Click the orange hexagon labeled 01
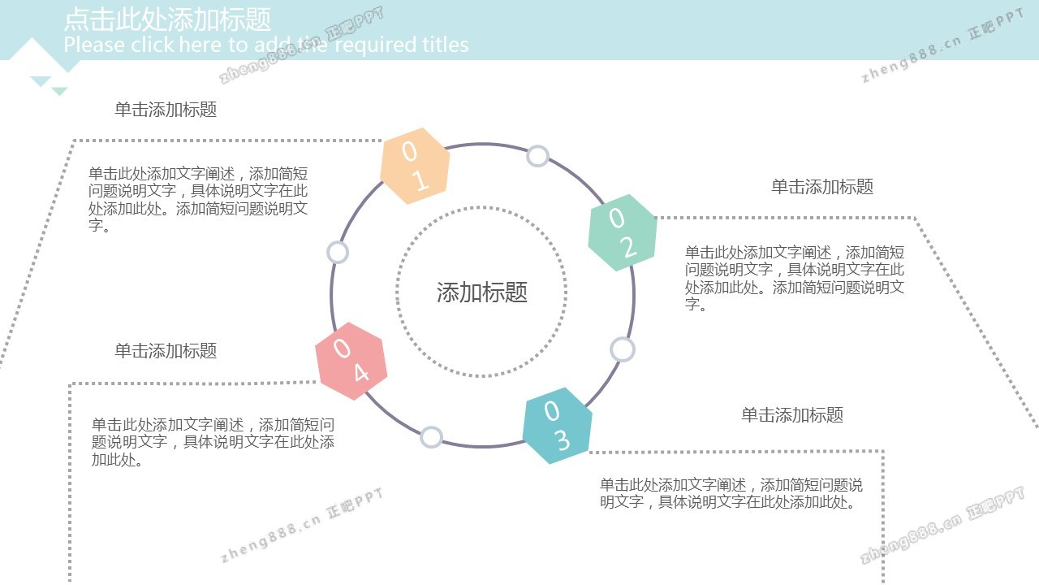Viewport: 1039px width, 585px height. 415,166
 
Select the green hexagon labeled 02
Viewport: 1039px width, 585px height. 623,232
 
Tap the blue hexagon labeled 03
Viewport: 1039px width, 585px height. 557,426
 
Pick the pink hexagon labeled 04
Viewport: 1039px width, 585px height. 351,361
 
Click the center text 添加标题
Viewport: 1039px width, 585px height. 482,292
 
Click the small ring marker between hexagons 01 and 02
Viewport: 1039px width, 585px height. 537,156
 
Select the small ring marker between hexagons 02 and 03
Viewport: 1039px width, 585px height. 622,349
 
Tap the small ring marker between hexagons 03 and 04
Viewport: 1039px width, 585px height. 431,437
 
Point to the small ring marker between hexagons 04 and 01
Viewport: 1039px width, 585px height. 338,253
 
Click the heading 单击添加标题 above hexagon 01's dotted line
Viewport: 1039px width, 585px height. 166,110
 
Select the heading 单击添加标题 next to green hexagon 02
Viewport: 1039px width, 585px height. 822,187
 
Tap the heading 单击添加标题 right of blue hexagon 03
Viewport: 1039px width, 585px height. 792,414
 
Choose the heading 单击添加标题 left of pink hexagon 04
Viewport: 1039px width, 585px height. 166,350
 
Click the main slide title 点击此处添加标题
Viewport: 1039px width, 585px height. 167,19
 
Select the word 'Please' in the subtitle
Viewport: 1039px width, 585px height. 94,45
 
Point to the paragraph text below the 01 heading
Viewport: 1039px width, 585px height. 198,199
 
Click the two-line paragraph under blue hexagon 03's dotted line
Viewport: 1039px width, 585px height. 731,493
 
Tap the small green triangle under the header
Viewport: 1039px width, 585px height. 59,90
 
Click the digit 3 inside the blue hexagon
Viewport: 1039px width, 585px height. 563,440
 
